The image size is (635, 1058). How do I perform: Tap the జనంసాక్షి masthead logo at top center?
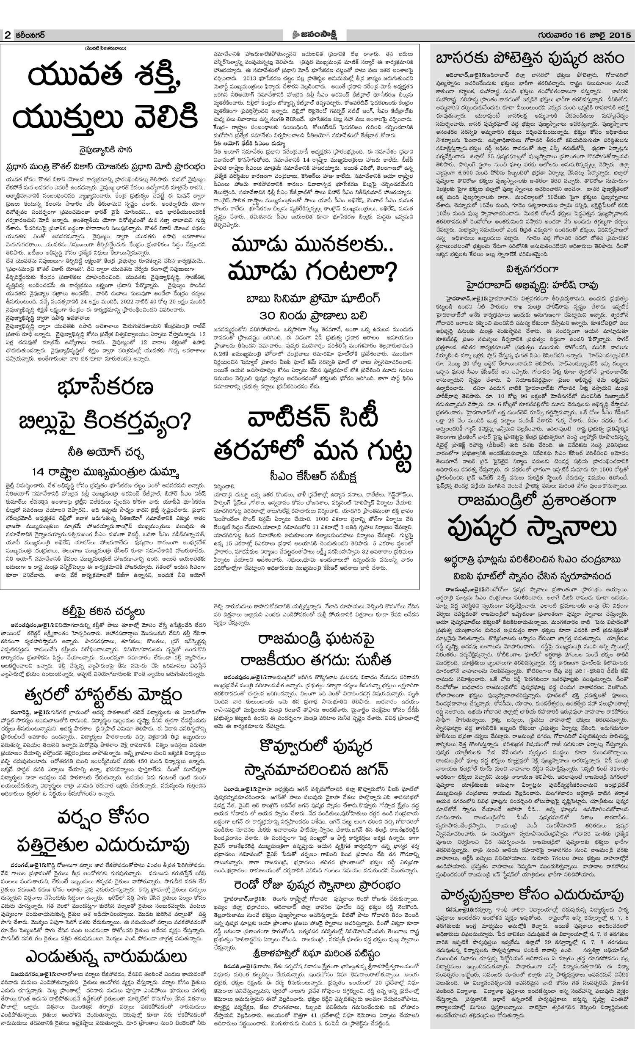(x=317, y=35)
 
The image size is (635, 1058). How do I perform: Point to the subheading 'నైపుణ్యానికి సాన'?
(x=105, y=150)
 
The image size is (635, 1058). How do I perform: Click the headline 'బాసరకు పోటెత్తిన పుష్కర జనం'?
(x=530, y=58)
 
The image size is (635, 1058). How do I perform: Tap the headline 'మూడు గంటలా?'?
(x=312, y=271)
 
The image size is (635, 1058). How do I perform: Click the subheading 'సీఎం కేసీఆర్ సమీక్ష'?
(x=314, y=476)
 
